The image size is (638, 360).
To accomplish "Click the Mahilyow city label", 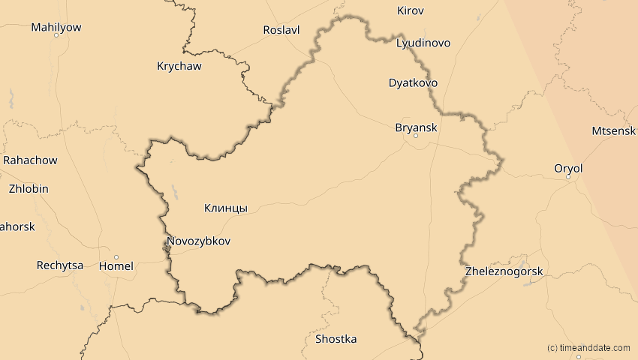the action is click(56, 27).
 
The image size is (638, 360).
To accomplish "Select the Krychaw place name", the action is click(179, 66).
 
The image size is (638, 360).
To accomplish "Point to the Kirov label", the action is click(410, 10).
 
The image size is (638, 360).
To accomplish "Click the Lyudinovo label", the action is click(423, 43).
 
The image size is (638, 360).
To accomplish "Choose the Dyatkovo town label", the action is click(413, 82).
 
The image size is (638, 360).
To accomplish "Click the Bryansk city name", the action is click(416, 127).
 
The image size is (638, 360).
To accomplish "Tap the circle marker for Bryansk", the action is click(416, 136).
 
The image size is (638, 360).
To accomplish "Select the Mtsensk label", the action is click(614, 130).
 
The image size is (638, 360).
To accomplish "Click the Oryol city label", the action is click(568, 168).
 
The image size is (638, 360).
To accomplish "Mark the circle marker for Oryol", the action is click(568, 177).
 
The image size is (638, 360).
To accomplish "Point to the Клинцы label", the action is click(226, 208).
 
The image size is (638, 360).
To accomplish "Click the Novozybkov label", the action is click(198, 241).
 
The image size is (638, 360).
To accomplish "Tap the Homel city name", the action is click(116, 265).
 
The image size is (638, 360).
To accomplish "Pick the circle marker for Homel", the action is click(116, 256).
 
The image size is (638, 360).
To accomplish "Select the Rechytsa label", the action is click(60, 265).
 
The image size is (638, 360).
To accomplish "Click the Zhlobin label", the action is click(29, 189).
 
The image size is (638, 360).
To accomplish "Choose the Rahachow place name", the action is click(30, 160).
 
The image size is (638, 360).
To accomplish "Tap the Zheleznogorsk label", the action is click(504, 271).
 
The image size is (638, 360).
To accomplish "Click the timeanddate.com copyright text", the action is click(588, 348).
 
